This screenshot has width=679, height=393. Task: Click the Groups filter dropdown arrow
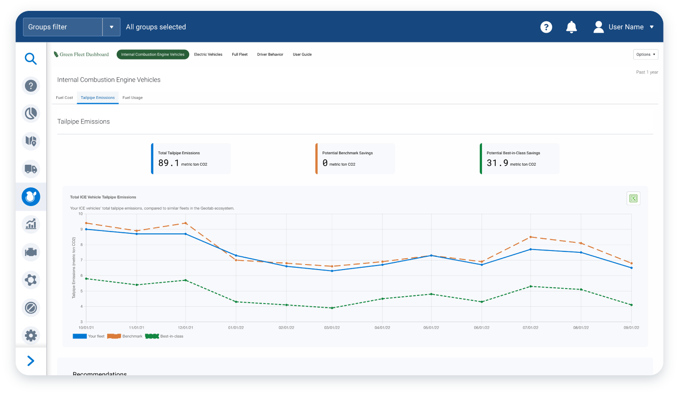[111, 27]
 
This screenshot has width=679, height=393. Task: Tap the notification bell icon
[571, 27]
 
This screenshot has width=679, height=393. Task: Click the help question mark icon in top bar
[546, 27]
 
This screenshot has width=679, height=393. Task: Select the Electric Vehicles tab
[208, 54]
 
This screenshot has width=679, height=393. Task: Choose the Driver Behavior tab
[270, 54]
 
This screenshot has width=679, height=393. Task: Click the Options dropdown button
[645, 54]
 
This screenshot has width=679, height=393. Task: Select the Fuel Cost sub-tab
[64, 98]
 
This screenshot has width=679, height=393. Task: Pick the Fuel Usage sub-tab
[133, 98]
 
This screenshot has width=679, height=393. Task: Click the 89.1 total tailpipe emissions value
[168, 163]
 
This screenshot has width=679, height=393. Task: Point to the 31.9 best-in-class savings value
[497, 163]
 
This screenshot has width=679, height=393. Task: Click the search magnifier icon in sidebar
[30, 59]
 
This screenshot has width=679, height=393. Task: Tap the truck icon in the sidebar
[30, 169]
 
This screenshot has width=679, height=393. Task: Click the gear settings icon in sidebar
[30, 335]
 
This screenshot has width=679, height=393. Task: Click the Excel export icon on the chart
[633, 198]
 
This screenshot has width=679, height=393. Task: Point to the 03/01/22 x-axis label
[332, 328]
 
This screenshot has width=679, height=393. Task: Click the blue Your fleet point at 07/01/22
[531, 249]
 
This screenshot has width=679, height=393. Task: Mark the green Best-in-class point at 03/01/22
[332, 308]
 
